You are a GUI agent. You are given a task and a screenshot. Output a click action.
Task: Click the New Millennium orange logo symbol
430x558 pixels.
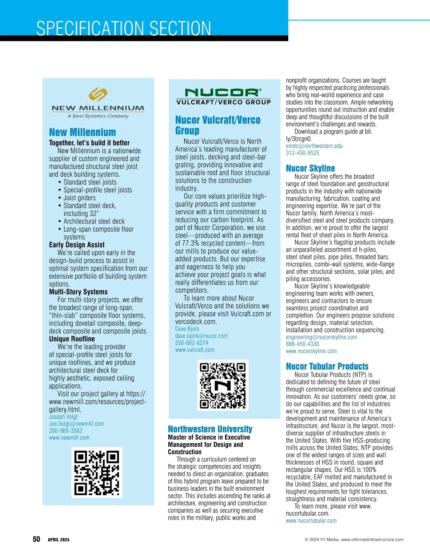pyautogui.click(x=98, y=95)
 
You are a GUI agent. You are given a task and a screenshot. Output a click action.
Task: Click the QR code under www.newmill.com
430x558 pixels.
pyautogui.click(x=97, y=472)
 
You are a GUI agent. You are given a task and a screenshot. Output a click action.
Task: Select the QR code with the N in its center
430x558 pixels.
pyautogui.click(x=223, y=385)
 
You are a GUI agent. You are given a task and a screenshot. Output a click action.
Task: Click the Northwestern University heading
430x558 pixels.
pyautogui.click(x=210, y=429)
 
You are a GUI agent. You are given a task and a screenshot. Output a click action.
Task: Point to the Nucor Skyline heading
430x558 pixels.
pyautogui.click(x=310, y=168)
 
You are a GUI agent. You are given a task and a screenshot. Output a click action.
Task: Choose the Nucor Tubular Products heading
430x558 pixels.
pyautogui.click(x=327, y=366)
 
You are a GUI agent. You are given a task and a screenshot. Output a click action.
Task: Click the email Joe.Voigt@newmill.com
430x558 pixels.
pyautogui.click(x=76, y=424)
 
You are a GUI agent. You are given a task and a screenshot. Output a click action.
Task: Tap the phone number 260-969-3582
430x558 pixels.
pyautogui.click(x=66, y=430)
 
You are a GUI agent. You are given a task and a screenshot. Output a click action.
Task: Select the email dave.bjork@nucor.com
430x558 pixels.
pyautogui.click(x=201, y=336)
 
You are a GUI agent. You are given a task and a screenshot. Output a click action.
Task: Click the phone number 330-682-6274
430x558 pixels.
pyautogui.click(x=192, y=343)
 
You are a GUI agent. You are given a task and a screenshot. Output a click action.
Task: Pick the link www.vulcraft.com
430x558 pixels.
pyautogui.click(x=195, y=350)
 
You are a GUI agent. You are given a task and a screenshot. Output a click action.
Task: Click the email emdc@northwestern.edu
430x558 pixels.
pyautogui.click(x=314, y=146)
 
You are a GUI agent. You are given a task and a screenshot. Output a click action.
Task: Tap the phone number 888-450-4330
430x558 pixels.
pyautogui.click(x=302, y=344)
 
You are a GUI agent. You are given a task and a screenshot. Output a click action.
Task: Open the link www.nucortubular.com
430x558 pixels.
pyautogui.click(x=311, y=521)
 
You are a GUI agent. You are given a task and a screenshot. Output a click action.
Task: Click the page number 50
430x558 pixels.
pyautogui.click(x=37, y=539)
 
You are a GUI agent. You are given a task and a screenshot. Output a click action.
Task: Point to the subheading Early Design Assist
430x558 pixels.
pyautogui.click(x=77, y=245)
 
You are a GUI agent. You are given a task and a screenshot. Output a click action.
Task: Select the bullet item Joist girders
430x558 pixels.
pyautogui.click(x=80, y=198)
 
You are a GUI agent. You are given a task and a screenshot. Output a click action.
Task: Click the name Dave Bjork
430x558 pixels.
pyautogui.click(x=187, y=329)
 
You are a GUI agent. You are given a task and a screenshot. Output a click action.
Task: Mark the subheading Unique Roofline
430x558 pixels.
pyautogui.click(x=72, y=339)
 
